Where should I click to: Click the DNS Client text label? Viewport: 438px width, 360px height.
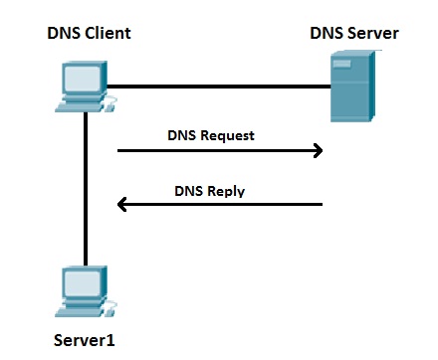tap(89, 34)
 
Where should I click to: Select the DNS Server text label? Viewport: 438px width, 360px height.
tap(354, 34)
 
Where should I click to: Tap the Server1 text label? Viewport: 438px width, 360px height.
tap(85, 341)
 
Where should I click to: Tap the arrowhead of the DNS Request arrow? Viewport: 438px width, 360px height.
tap(318, 151)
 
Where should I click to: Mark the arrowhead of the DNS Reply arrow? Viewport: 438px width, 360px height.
tap(123, 205)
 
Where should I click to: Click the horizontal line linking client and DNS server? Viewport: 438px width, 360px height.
tap(219, 87)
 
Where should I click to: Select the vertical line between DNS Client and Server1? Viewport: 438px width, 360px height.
tap(87, 189)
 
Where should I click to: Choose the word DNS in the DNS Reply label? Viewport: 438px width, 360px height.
tap(191, 188)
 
